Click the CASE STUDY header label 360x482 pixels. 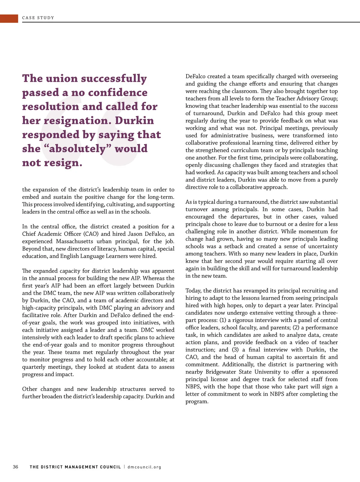pos(38,18)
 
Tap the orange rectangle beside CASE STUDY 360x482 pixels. pos(9,18)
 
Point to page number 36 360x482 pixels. pos(16,467)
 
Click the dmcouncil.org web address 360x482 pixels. pos(144,467)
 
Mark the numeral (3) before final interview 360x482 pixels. pos(235,350)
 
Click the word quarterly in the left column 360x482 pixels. pos(34,367)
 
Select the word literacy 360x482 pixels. pos(106,249)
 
